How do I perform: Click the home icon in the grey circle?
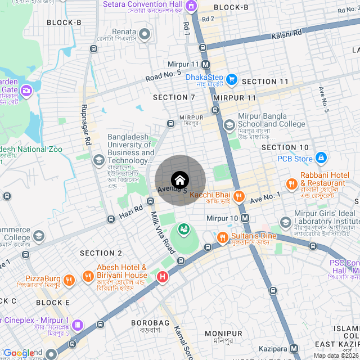[x=180, y=180]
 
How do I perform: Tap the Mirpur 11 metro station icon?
[x=205, y=65]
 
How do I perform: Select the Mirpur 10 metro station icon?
[x=245, y=218]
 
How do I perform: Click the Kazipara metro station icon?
[x=293, y=349]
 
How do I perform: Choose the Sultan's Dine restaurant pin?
[x=222, y=237]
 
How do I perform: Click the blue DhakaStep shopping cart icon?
[x=232, y=79]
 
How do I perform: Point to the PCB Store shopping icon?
[x=321, y=158]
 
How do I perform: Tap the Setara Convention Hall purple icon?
[x=191, y=5]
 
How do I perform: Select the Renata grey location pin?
[x=145, y=35]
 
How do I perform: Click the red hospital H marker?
[x=163, y=276]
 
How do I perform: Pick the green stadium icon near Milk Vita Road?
[x=183, y=229]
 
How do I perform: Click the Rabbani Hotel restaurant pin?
[x=291, y=184]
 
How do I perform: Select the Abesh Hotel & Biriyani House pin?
[x=88, y=276]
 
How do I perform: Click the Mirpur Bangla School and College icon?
[x=229, y=125]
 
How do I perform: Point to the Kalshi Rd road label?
[x=286, y=34]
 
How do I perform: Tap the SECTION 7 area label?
[x=174, y=97]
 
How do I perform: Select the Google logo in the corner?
[x=19, y=353]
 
